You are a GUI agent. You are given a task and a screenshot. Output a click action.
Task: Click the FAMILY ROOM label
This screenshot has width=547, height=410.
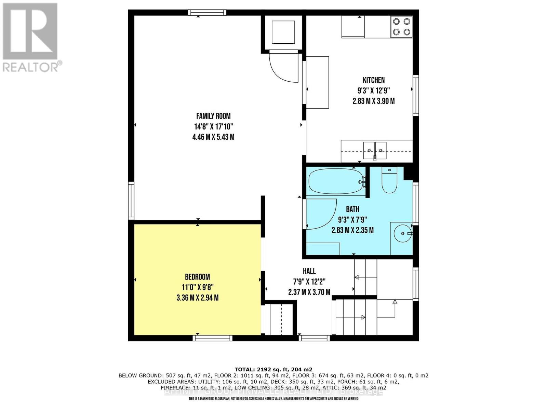[x=213, y=116]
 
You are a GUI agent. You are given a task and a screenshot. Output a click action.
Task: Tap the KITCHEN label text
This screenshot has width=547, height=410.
[x=373, y=80]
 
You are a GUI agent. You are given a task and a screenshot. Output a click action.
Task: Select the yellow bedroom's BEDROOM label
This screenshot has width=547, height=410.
[x=197, y=277]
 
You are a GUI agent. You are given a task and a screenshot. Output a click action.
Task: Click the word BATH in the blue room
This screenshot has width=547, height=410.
[x=352, y=209]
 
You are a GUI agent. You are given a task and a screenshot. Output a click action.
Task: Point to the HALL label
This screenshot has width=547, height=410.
[x=309, y=271]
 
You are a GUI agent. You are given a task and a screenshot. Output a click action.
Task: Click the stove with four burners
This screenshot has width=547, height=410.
[x=401, y=27]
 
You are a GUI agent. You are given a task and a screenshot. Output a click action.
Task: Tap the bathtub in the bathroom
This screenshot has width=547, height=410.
[x=336, y=181]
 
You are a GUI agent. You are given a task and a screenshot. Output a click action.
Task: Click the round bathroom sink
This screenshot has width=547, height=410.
[x=402, y=233]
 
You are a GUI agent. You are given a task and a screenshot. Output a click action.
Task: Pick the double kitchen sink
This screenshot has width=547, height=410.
[x=375, y=150]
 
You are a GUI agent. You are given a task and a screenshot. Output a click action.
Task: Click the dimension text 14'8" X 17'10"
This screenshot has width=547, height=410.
[x=213, y=126]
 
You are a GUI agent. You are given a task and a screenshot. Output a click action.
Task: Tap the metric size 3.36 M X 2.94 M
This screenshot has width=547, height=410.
[x=197, y=298]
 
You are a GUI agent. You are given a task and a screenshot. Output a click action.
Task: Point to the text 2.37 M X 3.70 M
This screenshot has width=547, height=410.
[x=309, y=292]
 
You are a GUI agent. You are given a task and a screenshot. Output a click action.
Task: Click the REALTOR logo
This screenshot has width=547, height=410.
[x=30, y=37]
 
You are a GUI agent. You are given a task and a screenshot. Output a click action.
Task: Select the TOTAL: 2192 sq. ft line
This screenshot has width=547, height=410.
[x=273, y=369]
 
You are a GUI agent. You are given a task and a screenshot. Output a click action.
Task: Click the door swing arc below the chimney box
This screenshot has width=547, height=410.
[x=284, y=68]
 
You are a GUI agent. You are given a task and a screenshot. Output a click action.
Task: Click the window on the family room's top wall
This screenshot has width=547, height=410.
[x=207, y=13]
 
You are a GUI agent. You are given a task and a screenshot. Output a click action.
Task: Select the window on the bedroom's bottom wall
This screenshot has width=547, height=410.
[x=212, y=338]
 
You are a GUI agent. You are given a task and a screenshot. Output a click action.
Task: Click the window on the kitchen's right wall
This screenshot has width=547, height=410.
[x=416, y=95]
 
